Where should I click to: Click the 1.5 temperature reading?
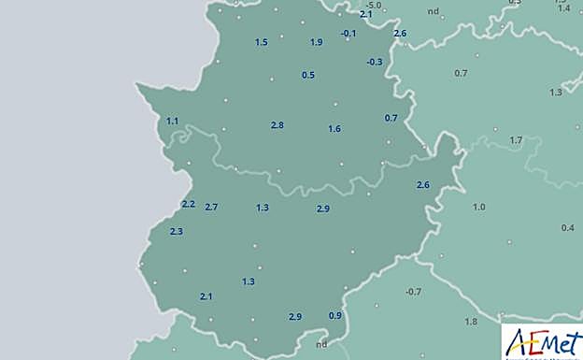261,43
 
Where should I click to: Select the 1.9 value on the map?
316,43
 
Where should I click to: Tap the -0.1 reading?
348,34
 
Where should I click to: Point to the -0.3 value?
374,62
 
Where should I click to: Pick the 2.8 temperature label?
277,125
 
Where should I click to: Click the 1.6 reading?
334,129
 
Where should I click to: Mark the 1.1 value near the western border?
172,122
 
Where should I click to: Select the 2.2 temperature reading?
188,205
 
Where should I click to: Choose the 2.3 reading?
176,232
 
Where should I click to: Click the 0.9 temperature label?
334,315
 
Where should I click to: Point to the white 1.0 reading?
479,207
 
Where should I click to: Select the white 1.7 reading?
516,140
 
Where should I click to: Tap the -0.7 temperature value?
413,293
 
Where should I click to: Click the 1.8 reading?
471,322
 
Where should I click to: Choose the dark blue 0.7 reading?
391,118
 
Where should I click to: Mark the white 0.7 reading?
460,74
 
